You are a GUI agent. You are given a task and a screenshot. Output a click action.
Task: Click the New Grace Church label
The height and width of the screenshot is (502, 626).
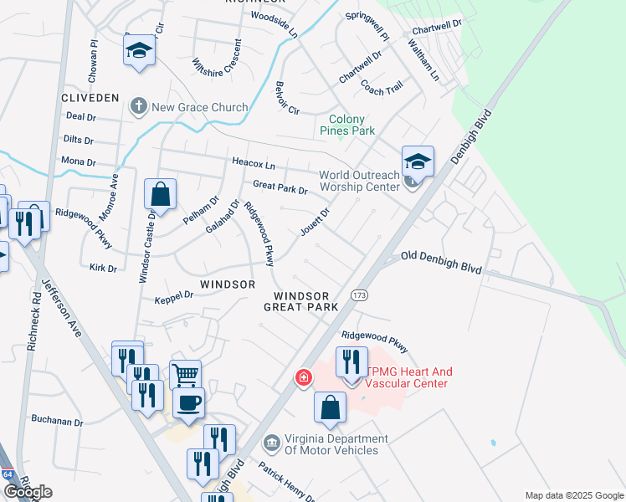coord(199,107)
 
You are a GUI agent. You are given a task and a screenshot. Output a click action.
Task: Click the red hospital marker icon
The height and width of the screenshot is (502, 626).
coord(303,379)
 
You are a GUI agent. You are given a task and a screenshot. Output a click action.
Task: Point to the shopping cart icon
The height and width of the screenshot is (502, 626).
coord(185,374)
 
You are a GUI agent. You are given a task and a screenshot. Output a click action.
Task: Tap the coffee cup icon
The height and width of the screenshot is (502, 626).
coord(188,402)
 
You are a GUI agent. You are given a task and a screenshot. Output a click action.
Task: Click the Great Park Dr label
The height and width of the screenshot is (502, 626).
coord(280,188)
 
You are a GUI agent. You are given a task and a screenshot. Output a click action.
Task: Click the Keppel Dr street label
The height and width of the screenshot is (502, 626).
coord(174,295)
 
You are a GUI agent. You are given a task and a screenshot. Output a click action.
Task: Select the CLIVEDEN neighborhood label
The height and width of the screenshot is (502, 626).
coord(90,98)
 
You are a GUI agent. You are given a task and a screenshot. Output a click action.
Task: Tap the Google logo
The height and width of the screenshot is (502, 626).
coord(28,492)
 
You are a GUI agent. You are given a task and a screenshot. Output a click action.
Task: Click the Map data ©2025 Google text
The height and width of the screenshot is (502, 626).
coord(573,495)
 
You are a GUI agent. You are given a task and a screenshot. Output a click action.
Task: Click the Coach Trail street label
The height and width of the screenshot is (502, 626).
coord(382,87)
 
